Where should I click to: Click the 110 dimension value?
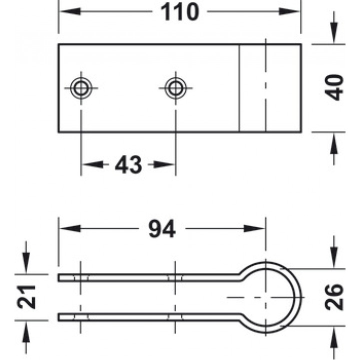[180, 11]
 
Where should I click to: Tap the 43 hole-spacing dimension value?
[128, 164]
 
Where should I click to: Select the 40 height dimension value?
[334, 87]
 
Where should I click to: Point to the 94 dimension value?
[162, 228]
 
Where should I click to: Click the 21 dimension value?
[26, 297]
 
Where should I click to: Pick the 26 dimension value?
[334, 297]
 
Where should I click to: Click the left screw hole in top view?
[81, 88]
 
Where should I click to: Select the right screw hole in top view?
[175, 88]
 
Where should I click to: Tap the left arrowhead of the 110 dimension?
[70, 11]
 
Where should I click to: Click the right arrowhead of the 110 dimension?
[289, 11]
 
